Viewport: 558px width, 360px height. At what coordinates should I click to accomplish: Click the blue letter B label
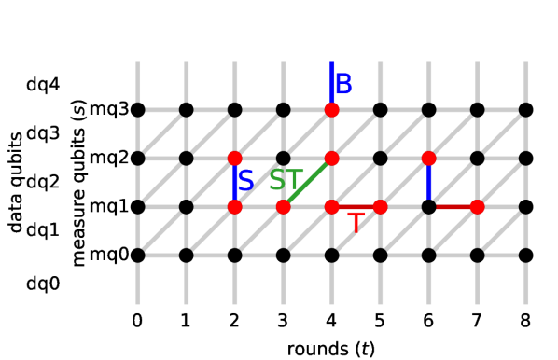coord(343,84)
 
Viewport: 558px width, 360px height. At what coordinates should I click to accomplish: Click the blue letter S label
coord(245,180)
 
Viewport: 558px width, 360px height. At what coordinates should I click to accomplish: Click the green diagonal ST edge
coord(307,182)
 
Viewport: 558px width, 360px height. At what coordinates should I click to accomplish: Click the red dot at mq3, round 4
coord(331,110)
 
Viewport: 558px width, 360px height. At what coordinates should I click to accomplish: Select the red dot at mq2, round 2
coord(234,158)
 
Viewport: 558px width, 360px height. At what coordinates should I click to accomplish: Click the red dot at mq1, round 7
coord(477,206)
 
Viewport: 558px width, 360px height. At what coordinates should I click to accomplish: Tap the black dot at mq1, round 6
coord(428,206)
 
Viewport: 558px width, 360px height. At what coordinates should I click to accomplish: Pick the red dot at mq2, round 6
coord(428,158)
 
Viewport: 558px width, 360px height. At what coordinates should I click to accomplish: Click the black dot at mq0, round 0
coord(137,255)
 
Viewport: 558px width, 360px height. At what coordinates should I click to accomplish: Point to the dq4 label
coord(43,85)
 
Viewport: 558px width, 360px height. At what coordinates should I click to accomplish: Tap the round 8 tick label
coord(525,320)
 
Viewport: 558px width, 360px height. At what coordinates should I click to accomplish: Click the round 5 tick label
coord(380,320)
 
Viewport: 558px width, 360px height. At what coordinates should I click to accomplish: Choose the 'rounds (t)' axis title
coord(331,347)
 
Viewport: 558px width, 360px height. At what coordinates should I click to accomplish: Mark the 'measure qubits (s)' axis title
coord(78,182)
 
